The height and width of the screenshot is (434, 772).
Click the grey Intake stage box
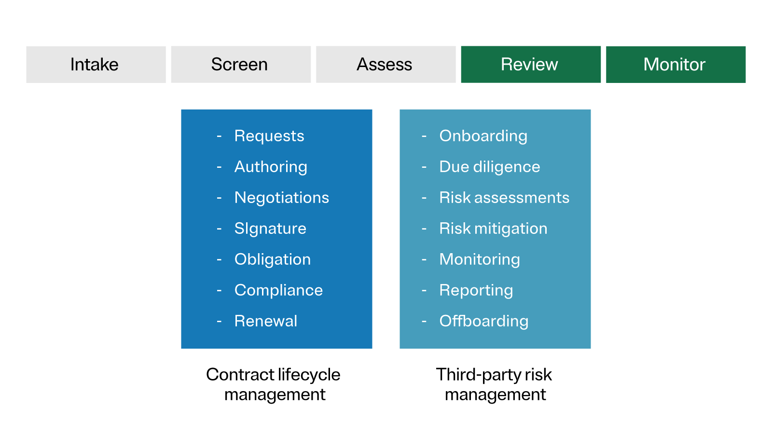point(96,65)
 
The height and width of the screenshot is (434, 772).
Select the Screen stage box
point(240,65)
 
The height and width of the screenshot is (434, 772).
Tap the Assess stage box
point(385,65)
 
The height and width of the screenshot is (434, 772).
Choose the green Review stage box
point(530,65)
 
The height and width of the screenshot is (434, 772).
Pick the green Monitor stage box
point(675,65)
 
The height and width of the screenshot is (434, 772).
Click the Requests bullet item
point(269,136)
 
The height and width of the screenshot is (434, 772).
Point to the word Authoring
point(270,167)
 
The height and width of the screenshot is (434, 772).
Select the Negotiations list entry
point(281,198)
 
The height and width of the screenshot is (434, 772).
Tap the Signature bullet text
point(270,229)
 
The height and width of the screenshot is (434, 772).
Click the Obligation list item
point(272,259)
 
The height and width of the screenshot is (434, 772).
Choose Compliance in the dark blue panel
point(278,290)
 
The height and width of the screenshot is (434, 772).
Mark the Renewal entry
point(265,321)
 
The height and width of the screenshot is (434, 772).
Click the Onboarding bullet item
point(483,136)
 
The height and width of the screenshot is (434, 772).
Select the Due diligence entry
point(489,167)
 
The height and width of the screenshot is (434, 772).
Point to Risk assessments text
point(504,198)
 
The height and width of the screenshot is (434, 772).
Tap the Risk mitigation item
point(493,229)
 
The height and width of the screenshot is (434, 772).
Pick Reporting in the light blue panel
point(476,290)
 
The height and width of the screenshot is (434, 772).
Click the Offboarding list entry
point(483,321)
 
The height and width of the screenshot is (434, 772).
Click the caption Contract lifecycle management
point(274,384)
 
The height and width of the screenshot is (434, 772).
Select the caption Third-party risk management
point(494,384)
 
